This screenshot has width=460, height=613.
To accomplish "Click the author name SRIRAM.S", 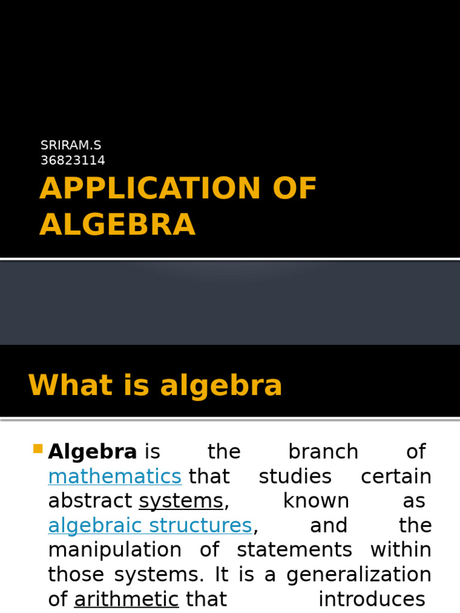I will (x=71, y=145).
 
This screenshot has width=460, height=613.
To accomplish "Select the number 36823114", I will (x=72, y=160).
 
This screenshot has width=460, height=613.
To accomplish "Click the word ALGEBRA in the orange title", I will (x=117, y=224).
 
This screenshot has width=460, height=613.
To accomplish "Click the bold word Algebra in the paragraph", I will (x=93, y=452).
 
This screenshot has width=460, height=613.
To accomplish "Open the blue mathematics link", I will (x=114, y=477).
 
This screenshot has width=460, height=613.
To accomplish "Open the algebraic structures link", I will (x=150, y=526).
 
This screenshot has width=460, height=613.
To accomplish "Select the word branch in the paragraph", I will (x=323, y=452).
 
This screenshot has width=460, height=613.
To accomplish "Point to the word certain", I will (x=396, y=477).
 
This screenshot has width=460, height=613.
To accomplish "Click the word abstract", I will (x=90, y=501).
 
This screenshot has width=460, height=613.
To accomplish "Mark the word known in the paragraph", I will (x=316, y=501).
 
